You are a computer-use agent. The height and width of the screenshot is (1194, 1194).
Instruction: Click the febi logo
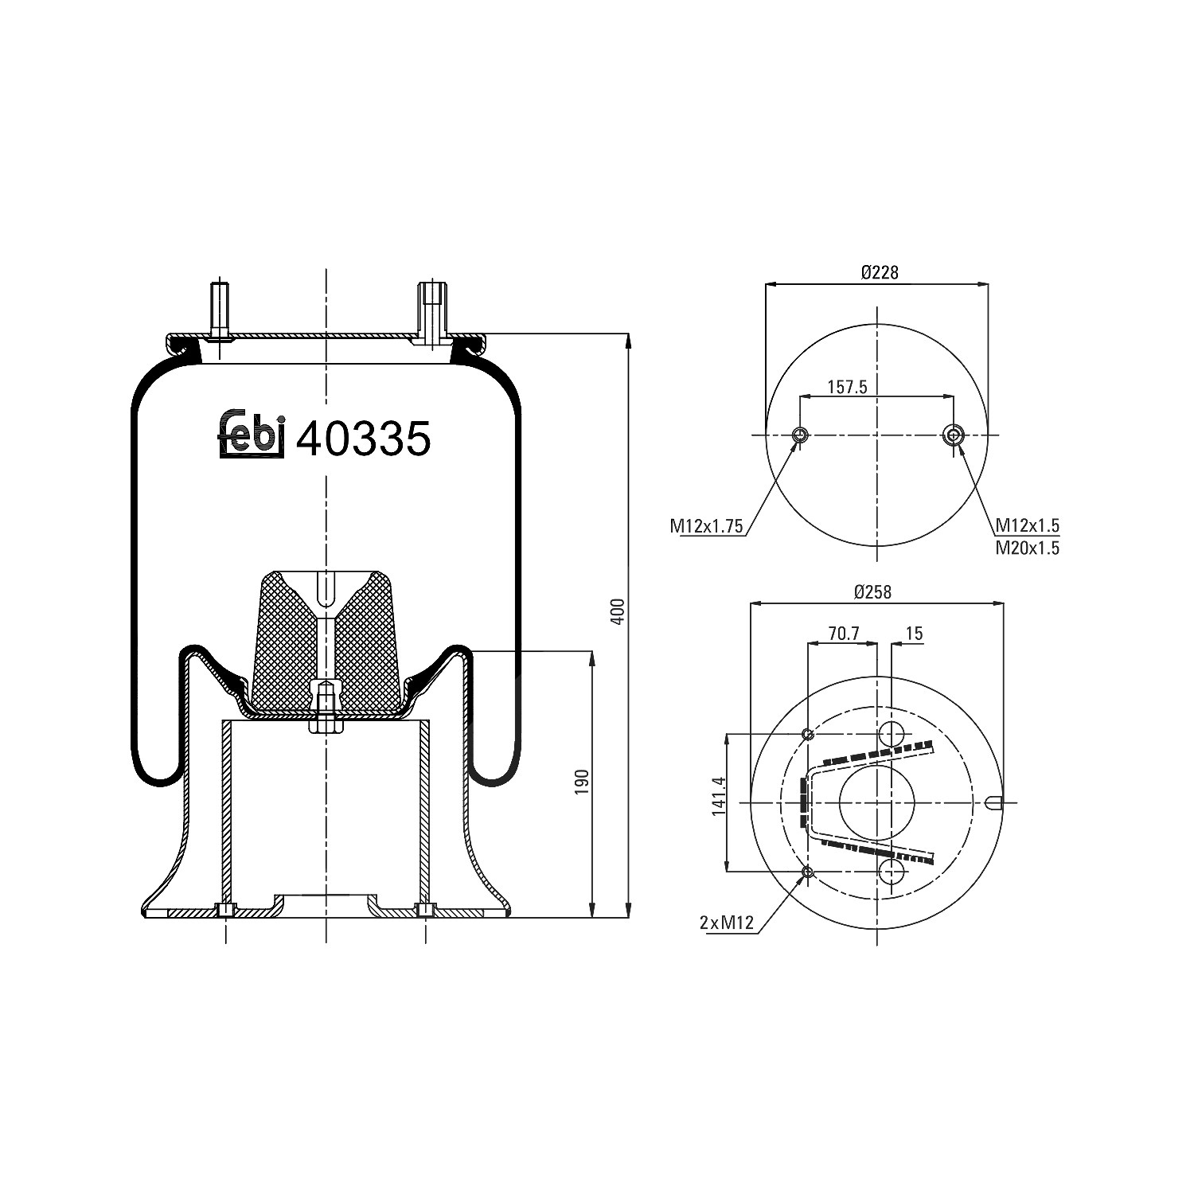tap(252, 435)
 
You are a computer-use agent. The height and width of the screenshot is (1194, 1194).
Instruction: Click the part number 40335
tap(364, 439)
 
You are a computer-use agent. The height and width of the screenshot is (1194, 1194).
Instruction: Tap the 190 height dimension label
tap(583, 782)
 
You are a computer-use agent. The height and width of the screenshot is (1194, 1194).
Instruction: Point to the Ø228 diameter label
tap(879, 272)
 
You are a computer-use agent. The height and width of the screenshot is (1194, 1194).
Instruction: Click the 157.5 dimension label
tap(847, 387)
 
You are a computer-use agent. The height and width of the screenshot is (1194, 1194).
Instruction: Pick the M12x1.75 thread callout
tap(706, 525)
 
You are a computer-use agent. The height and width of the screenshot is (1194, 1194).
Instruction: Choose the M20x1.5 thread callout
tap(1028, 548)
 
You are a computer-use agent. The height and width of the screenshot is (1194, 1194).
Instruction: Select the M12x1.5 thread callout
tap(1028, 525)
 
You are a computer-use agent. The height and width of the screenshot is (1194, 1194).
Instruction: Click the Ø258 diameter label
tap(872, 591)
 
